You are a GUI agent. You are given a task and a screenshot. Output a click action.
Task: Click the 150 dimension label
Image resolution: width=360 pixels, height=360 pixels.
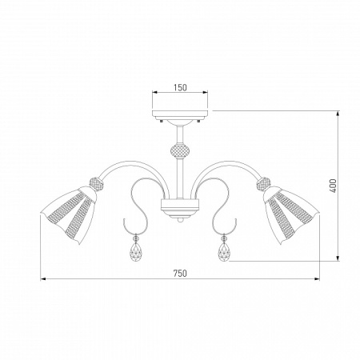(x=180, y=87)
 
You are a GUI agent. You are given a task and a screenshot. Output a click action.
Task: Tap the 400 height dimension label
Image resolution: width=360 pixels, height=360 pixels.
(x=333, y=186)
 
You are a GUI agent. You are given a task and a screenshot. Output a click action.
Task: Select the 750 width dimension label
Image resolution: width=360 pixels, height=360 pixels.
(x=180, y=274)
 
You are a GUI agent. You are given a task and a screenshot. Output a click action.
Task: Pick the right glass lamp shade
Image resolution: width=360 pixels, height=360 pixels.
(x=291, y=214)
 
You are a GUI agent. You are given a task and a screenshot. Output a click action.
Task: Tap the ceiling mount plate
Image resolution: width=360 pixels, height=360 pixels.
(x=180, y=114)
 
